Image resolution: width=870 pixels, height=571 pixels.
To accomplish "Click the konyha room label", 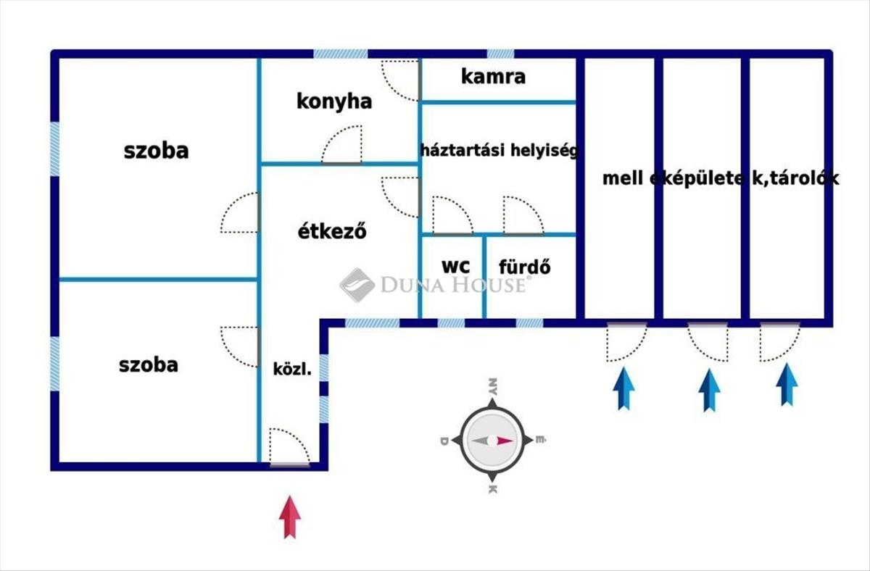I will [334, 101].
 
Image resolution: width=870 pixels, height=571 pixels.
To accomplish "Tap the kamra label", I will [493, 77].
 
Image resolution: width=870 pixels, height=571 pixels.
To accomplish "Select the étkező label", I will [332, 233].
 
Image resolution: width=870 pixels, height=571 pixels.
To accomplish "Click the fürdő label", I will [524, 266].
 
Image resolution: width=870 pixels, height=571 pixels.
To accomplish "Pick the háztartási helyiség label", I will [499, 151].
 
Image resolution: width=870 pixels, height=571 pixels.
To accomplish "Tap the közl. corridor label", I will [292, 369].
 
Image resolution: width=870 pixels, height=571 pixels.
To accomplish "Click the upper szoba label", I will [156, 151].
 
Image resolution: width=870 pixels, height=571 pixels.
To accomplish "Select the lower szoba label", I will [148, 364].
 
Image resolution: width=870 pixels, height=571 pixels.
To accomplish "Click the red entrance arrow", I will [289, 516].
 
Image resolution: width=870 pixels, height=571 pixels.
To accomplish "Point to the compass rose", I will [492, 440].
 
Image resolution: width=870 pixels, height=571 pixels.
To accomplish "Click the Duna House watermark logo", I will [357, 285].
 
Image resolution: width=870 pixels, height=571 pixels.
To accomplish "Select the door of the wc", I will [452, 217].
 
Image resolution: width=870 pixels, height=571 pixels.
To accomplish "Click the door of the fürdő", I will [523, 217].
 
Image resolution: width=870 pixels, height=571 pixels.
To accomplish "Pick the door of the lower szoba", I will [241, 346].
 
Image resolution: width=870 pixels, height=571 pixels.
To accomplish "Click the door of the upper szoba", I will [241, 212].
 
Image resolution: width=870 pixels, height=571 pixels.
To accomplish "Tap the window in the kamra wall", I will [500, 54].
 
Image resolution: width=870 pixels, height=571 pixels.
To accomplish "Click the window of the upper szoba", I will [54, 149].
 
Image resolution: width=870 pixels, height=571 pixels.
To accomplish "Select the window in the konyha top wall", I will [341, 54].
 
